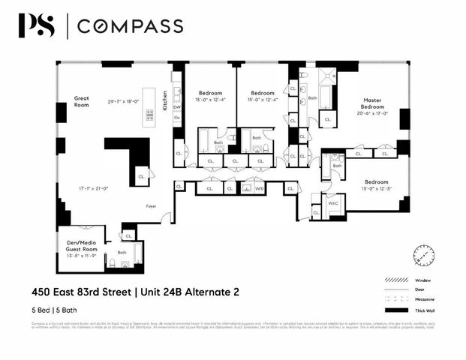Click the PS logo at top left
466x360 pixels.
pyautogui.click(x=36, y=26)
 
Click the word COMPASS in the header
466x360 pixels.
pyautogui.click(x=131, y=27)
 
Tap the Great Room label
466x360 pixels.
pyautogui.click(x=82, y=102)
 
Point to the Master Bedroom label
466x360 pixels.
pyautogui.click(x=373, y=104)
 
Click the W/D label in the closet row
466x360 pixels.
pyautogui.click(x=260, y=189)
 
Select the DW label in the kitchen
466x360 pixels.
pyautogui.click(x=177, y=106)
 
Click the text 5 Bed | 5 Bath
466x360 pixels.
pyautogui.click(x=58, y=307)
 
